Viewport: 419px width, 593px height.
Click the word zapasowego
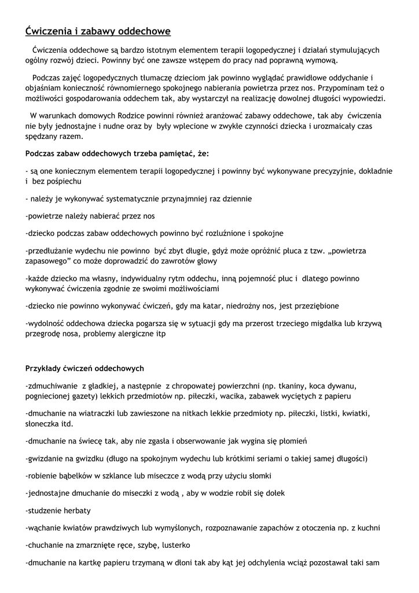point(47,261)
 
